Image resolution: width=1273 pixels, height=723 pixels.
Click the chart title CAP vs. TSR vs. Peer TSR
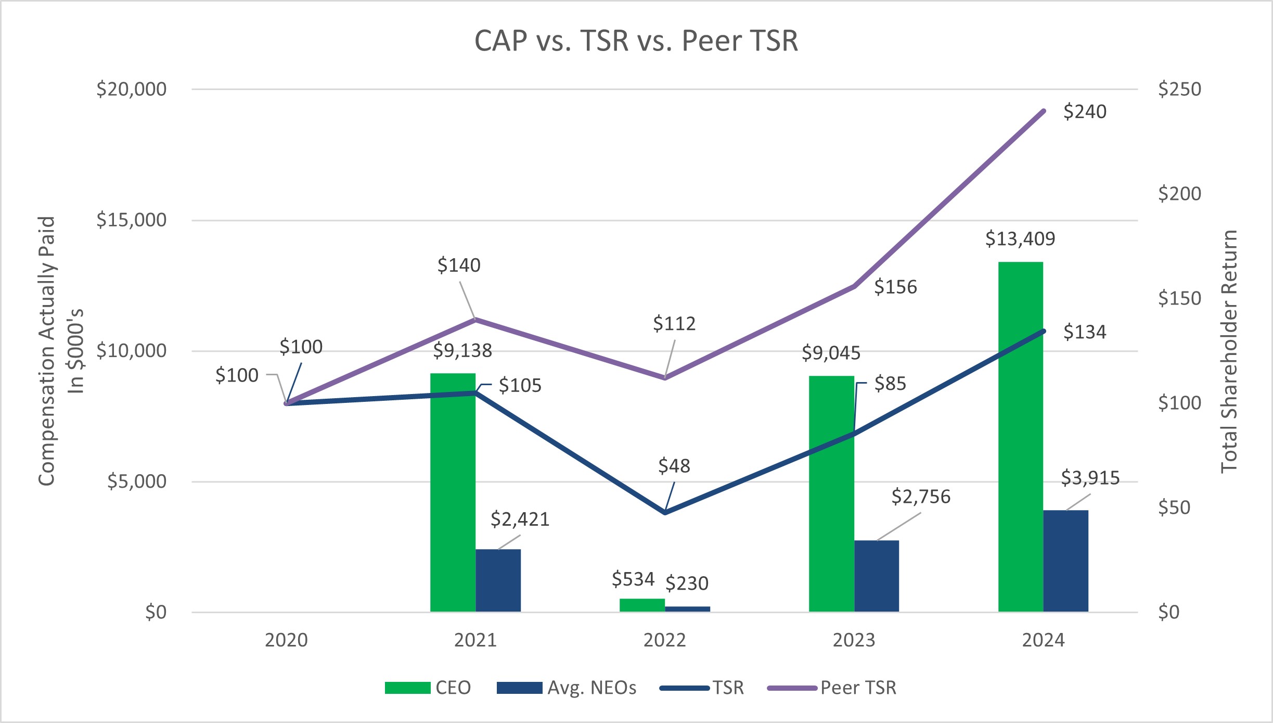coord(636,41)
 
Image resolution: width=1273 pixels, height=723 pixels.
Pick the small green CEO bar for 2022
coord(642,605)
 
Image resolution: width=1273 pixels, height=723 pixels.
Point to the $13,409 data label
coord(1020,239)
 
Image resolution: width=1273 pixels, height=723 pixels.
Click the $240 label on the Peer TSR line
coord(1085,112)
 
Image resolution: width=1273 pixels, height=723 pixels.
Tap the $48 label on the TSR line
coord(674,466)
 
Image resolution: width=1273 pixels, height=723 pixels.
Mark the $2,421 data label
coord(520,519)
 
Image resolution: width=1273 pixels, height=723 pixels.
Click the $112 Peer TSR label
coord(674,324)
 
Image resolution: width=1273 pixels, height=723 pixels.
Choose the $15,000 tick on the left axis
coord(132,220)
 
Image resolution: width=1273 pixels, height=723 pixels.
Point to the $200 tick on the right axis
coord(1179,194)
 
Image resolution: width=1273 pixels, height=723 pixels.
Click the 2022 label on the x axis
coord(664,640)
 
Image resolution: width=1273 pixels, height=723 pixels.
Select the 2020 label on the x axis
coord(286,640)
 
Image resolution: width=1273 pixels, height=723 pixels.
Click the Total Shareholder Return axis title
coord(1229,351)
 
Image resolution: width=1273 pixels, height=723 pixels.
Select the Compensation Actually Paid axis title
coord(47,351)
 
